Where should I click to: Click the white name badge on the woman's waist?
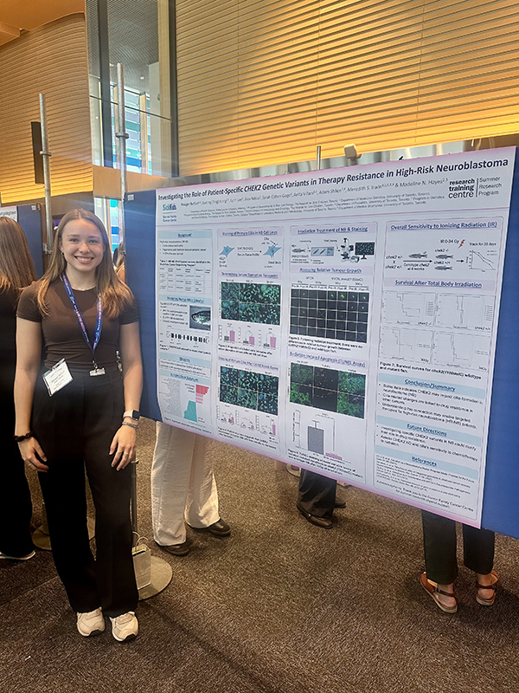point(57,377)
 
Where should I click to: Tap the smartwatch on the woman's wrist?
point(131,416)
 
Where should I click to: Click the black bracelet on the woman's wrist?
point(22,437)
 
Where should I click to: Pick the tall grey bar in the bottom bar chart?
point(316,438)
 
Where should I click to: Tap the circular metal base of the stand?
point(154,575)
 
